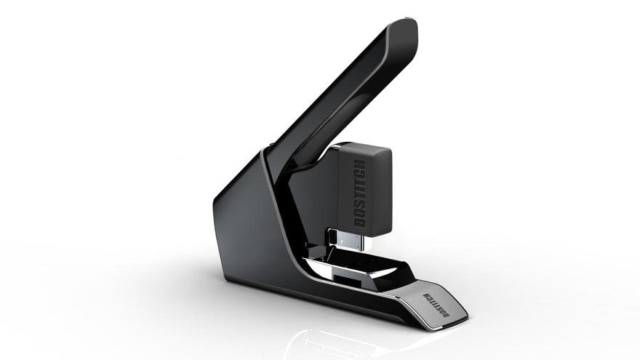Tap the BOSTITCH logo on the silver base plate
point(436,305)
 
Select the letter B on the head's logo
point(359,223)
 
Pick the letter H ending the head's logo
point(361,164)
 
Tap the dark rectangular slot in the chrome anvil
point(348,279)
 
